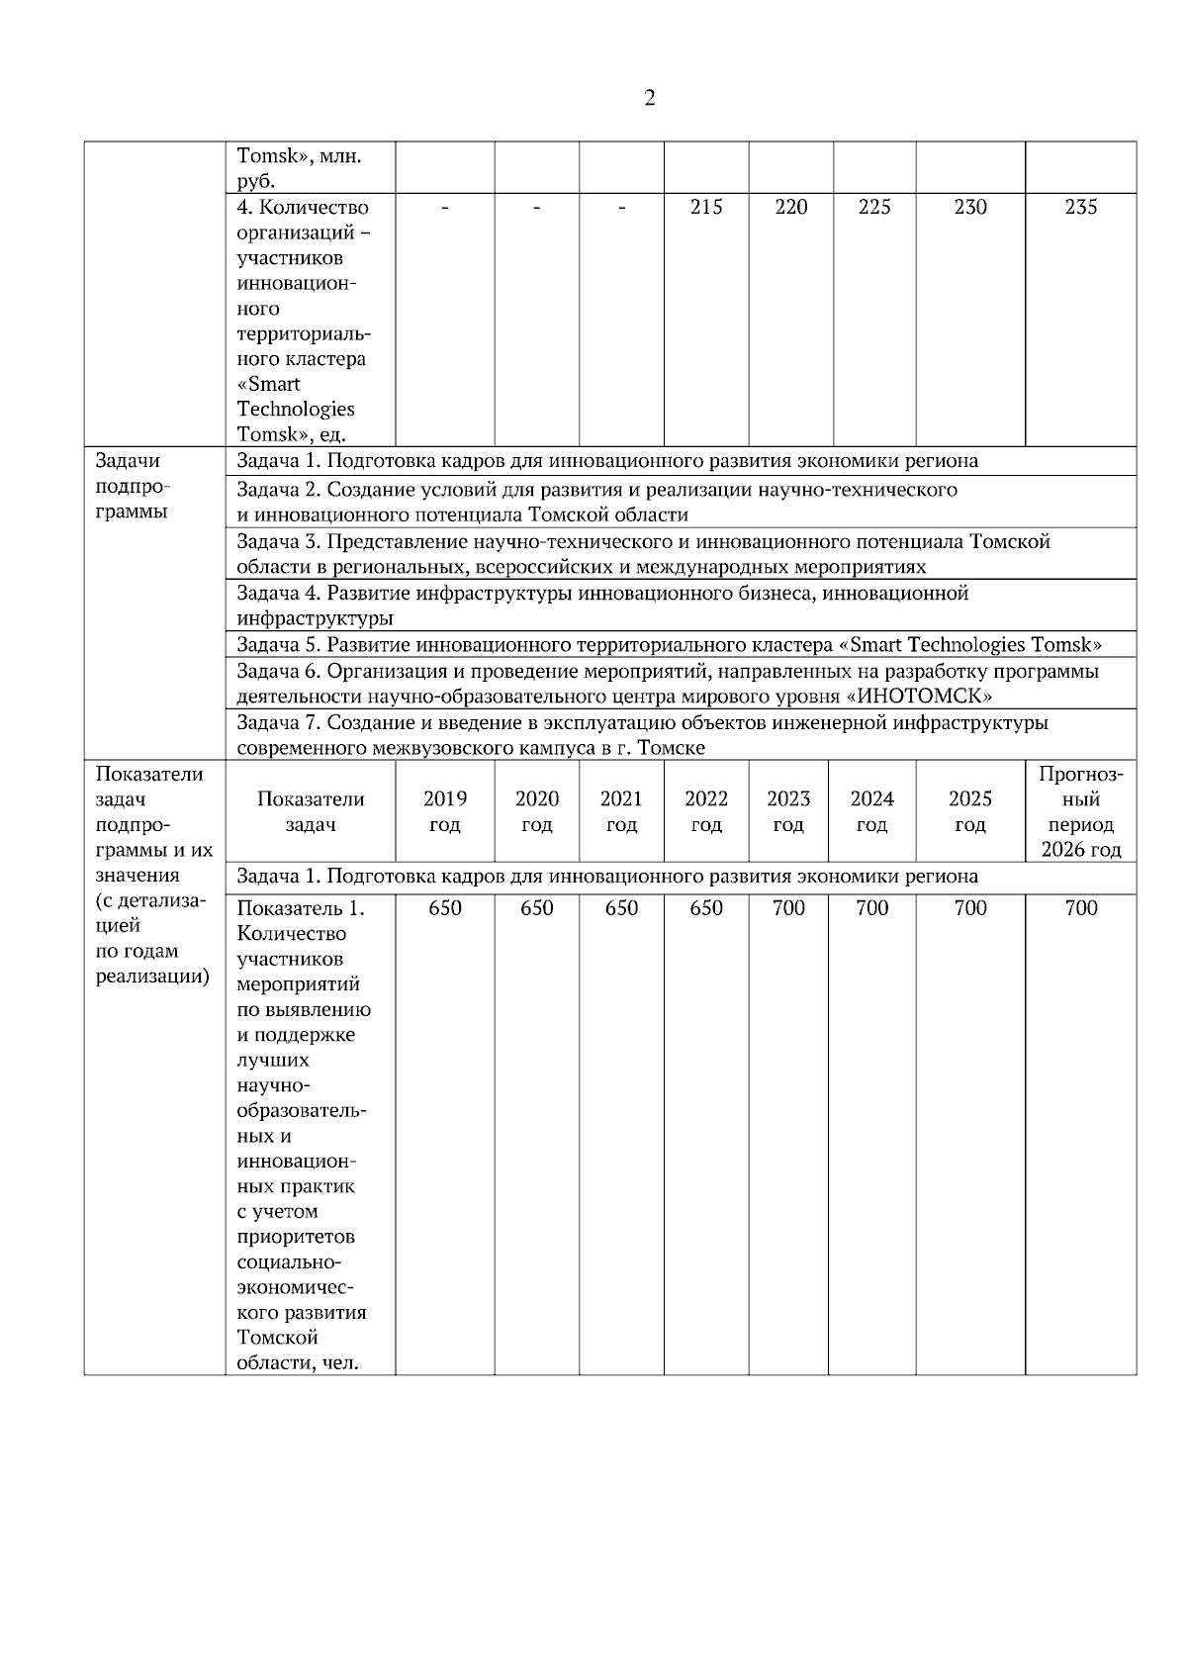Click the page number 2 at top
649,98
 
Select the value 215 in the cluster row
705,207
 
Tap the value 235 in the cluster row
1080,207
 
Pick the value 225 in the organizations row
873,207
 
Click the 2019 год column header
444,811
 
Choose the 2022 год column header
705,811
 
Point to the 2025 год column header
969,811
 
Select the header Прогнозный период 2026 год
1080,811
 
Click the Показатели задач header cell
310,811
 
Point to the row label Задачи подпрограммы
132,486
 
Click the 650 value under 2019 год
444,908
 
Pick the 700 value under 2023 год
788,908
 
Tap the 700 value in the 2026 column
1080,908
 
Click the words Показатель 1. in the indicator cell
301,908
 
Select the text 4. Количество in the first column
303,207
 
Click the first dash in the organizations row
444,207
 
